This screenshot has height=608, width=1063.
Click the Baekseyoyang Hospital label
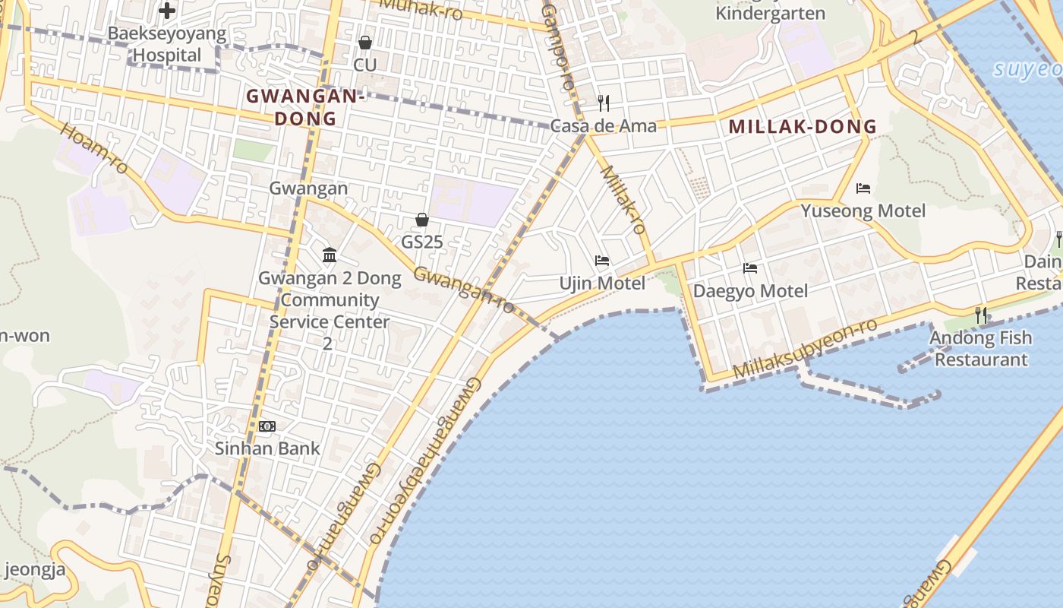pos(167,44)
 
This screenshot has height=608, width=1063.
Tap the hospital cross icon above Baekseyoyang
pos(167,11)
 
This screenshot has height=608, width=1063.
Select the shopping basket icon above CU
pos(365,43)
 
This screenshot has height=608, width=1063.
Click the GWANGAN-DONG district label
pos(305,107)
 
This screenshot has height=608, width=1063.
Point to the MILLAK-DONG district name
pos(803,127)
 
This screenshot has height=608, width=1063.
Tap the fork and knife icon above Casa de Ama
pos(604,103)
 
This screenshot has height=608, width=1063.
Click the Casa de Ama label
pos(604,125)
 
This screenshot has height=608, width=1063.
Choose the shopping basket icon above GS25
pos(422,220)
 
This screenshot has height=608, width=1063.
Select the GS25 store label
pos(422,242)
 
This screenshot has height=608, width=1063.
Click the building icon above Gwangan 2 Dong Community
pos(330,255)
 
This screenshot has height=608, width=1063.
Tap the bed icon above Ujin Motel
pos(602,261)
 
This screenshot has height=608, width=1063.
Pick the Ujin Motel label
pos(602,283)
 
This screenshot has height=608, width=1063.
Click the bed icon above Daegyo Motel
pos(750,268)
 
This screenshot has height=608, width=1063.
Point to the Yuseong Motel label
pos(863,211)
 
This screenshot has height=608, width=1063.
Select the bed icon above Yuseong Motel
pos(863,188)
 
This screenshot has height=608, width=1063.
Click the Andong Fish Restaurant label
pos(981,348)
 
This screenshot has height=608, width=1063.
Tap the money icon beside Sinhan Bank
pos(267,426)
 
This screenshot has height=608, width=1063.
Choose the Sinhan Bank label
pos(267,448)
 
